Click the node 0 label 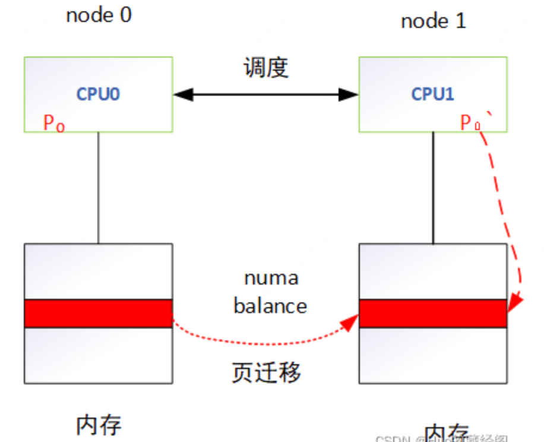(99, 15)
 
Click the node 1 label (434, 21)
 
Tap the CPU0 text (99, 94)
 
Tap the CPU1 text (433, 94)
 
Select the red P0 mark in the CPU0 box (53, 123)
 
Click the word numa (271, 278)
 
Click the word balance (270, 306)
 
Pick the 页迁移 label (266, 372)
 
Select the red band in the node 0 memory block (99, 313)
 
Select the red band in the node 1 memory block (433, 313)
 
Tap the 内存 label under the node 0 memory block (99, 424)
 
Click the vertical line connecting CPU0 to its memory (99, 187)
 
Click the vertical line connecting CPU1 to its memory (433, 187)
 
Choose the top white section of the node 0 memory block (99, 271)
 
